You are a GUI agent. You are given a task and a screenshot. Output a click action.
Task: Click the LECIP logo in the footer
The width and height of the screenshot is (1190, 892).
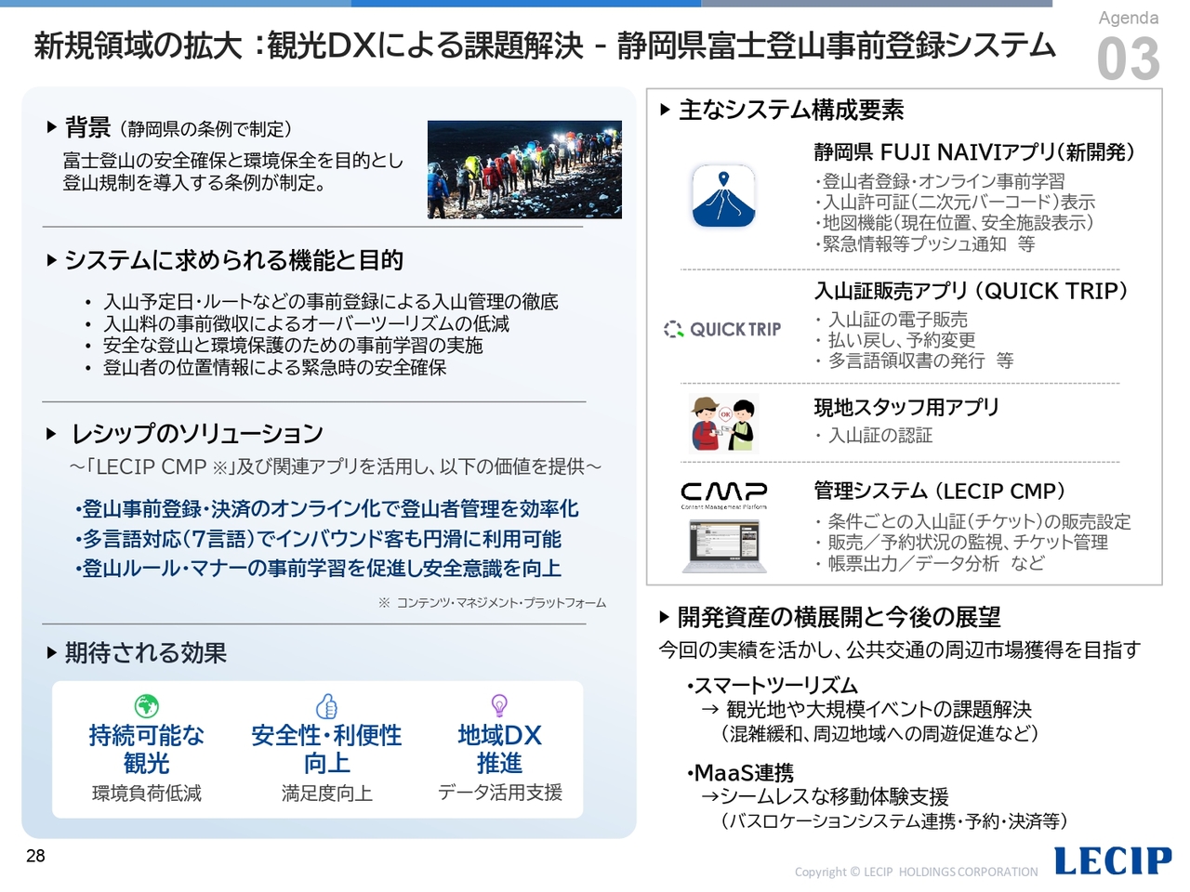tap(1113, 860)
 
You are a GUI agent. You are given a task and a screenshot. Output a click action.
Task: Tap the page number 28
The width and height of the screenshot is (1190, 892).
tap(35, 856)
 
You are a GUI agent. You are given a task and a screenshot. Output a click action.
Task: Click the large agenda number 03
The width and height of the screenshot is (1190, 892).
tap(1129, 59)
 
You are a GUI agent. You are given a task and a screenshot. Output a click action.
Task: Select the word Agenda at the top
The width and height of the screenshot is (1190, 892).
tap(1129, 18)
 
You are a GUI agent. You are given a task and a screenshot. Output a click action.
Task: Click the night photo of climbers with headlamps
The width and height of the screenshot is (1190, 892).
tap(524, 169)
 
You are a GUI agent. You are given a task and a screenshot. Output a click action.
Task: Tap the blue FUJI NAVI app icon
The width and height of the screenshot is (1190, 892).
tap(723, 195)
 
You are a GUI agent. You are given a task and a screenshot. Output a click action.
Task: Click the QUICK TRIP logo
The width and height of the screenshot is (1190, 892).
tap(722, 329)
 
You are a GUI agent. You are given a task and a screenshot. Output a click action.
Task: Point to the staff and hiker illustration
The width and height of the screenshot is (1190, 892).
tap(723, 424)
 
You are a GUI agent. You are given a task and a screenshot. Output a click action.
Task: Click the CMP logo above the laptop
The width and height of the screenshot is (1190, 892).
tap(723, 495)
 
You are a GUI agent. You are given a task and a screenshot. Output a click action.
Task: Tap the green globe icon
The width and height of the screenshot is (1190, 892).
tap(146, 705)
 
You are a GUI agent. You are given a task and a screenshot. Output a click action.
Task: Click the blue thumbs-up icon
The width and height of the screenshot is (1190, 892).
tap(327, 705)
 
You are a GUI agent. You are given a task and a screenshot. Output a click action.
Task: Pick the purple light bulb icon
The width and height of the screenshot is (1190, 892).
tap(499, 705)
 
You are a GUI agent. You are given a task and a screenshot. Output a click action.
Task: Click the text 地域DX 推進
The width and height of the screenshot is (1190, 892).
tap(499, 749)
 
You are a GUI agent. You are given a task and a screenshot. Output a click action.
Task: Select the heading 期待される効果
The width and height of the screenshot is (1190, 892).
tap(145, 652)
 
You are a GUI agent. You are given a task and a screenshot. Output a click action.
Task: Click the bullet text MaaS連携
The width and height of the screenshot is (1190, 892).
tap(741, 773)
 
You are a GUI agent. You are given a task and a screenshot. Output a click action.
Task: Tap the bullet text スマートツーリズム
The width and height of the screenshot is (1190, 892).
tap(772, 686)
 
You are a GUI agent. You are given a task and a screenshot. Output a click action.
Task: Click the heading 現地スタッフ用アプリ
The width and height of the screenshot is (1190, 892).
tap(906, 407)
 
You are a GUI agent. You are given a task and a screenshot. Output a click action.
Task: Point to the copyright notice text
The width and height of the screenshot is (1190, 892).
tap(917, 872)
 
